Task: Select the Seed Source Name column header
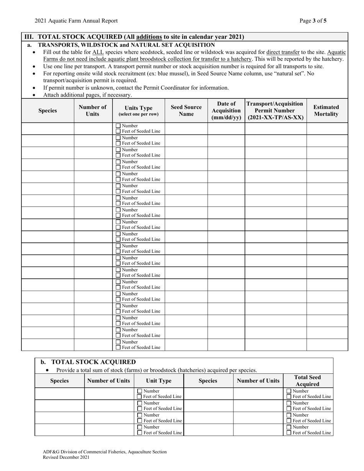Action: click(x=186, y=111)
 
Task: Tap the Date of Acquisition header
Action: click(x=226, y=111)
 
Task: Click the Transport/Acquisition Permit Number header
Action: click(x=275, y=111)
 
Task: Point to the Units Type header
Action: click(x=138, y=111)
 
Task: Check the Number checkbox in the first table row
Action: click(x=118, y=126)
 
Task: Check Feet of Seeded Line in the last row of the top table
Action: click(x=118, y=347)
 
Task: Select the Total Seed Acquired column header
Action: click(x=308, y=381)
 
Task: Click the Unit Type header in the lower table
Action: click(x=159, y=381)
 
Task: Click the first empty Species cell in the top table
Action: click(x=48, y=128)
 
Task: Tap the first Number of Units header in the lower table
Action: click(x=109, y=381)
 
